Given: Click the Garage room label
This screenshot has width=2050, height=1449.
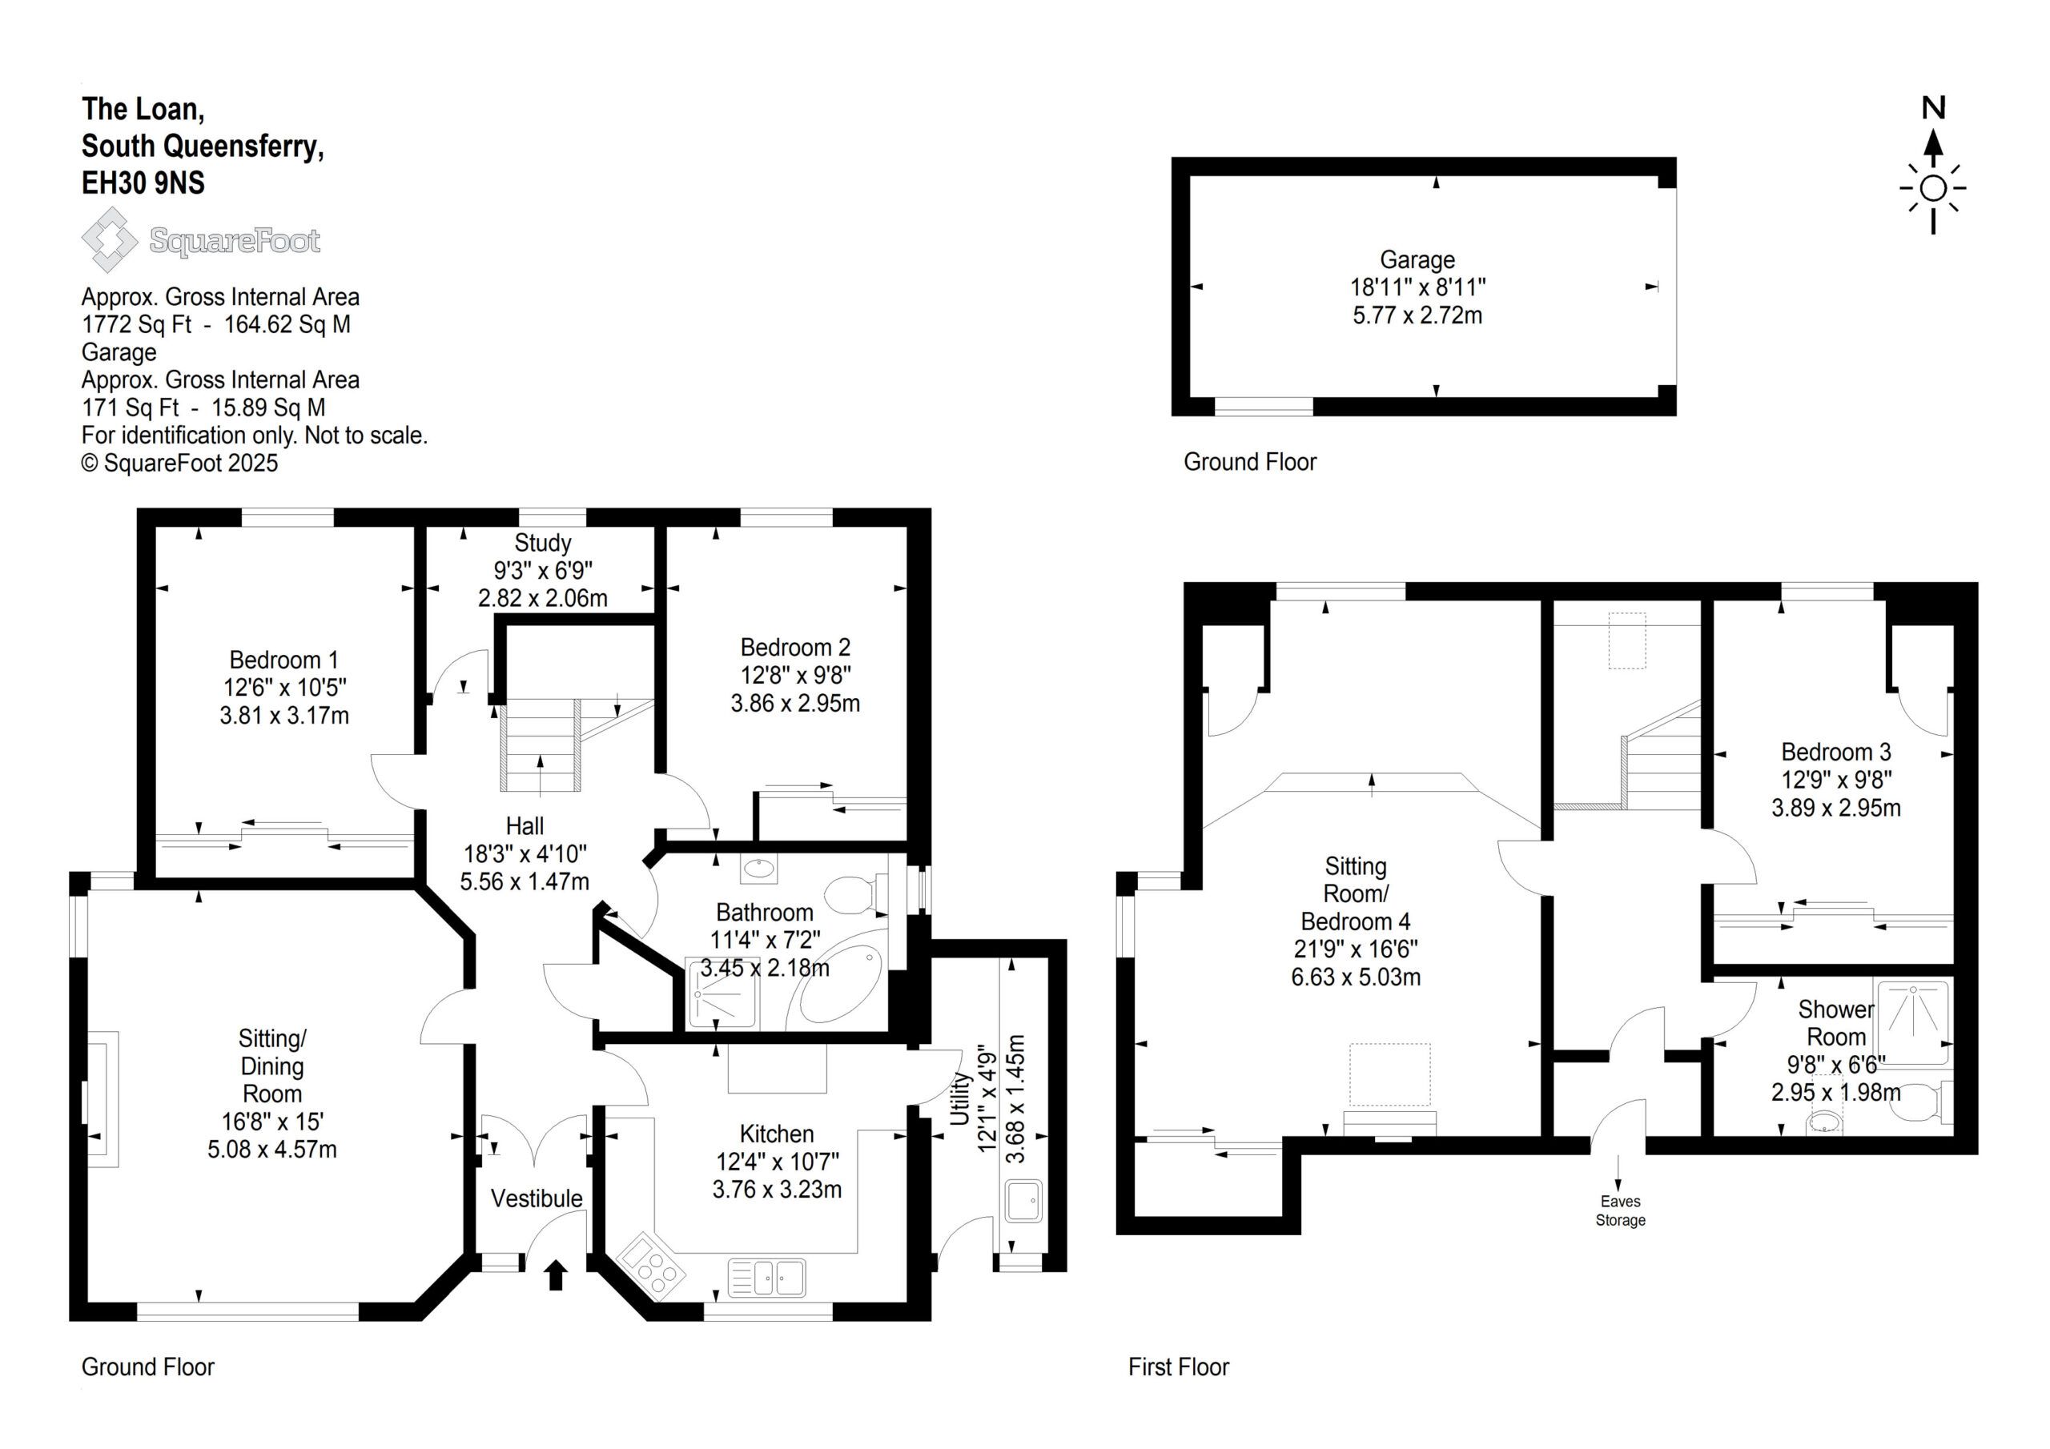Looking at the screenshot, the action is [1417, 260].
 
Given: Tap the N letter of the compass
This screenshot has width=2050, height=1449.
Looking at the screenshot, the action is [1933, 109].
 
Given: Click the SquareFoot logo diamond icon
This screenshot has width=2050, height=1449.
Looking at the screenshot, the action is [109, 239].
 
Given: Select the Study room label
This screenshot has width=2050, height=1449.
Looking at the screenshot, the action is [543, 543].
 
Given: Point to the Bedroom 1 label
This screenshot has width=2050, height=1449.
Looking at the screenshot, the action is [284, 660].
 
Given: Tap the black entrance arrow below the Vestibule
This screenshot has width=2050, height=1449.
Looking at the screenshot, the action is [556, 1274].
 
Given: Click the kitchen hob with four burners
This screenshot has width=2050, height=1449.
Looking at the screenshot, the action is [653, 1265].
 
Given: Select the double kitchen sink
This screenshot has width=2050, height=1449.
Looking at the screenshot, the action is [766, 1278].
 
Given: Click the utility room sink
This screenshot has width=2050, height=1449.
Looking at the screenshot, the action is [1023, 1202].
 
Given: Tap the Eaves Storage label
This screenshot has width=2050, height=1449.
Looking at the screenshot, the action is [1621, 1210].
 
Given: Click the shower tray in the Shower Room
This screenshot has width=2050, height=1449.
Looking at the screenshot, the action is [1912, 1022].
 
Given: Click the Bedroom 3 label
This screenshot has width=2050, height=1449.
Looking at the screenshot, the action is [1835, 752].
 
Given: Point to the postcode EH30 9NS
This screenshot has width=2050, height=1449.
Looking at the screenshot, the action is [143, 183].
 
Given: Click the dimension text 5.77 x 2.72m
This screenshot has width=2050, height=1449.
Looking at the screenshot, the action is [1417, 315].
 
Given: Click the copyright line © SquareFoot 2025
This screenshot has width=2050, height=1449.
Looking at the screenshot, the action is [179, 464].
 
